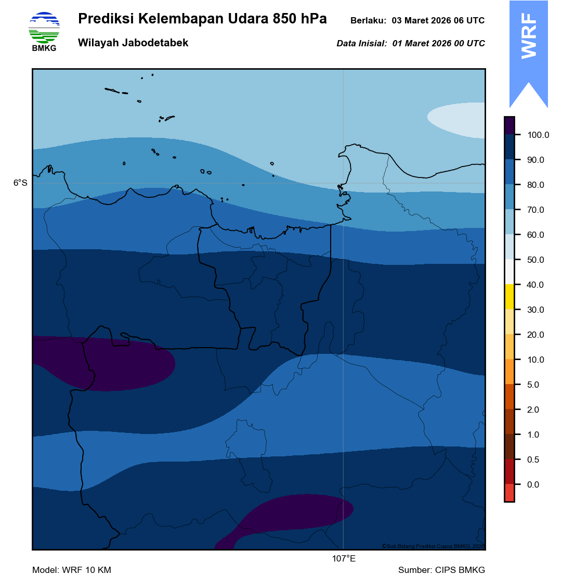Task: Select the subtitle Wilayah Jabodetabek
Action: click(133, 43)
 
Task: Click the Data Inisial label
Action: click(362, 44)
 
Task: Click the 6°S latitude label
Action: click(20, 183)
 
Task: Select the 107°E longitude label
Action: click(344, 559)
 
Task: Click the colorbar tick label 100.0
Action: click(538, 135)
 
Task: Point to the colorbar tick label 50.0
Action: click(535, 260)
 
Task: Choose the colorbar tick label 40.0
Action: click(535, 285)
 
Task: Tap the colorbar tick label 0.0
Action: click(533, 485)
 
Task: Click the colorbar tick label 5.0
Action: click(533, 385)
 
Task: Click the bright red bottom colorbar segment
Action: click(509, 493)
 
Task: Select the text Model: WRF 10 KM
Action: click(72, 570)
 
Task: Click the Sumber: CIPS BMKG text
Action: click(441, 570)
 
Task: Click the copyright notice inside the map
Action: click(433, 546)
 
